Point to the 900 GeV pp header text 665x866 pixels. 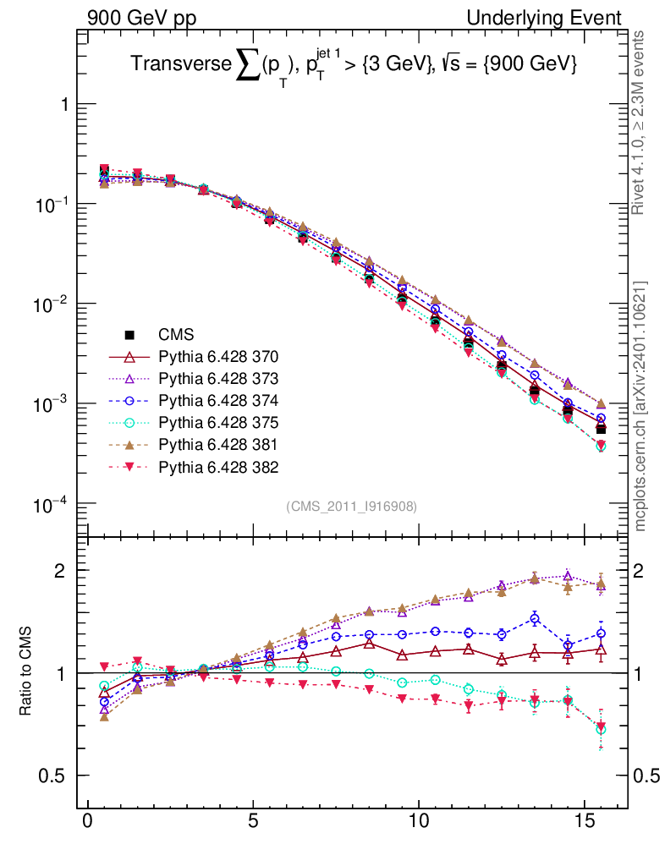point(140,18)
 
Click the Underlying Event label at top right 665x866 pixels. point(556,18)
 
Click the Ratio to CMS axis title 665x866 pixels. point(25,672)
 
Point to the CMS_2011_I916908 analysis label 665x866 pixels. point(352,506)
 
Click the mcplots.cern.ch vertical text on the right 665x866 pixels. point(641,406)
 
